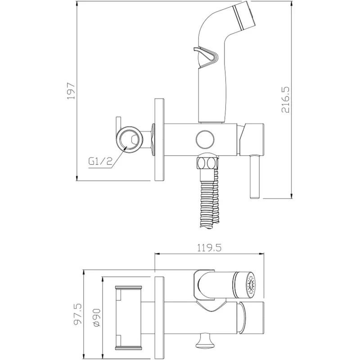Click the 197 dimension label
tap(71, 91)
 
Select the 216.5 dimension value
tap(285, 100)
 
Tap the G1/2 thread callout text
tap(100, 162)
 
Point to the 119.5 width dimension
tap(209, 248)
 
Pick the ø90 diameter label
tap(97, 318)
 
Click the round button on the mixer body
tap(205, 139)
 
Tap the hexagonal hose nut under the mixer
tap(207, 163)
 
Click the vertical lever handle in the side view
tap(255, 176)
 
